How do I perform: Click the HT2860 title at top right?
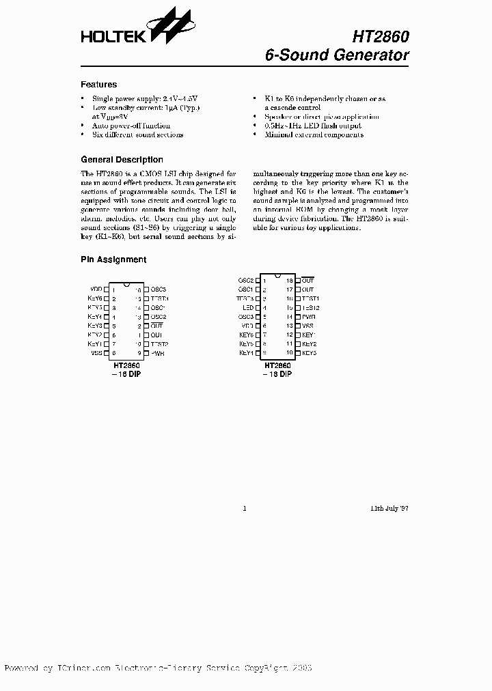pos(381,36)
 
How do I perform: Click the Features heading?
pos(98,85)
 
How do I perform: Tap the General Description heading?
pos(122,160)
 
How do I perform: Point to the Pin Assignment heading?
pos(113,259)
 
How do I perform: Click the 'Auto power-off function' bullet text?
pos(131,126)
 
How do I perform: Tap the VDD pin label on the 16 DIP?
pos(96,290)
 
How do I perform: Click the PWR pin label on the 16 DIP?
pos(157,353)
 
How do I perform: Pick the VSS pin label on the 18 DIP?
pos(308,326)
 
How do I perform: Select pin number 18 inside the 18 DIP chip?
pos(289,281)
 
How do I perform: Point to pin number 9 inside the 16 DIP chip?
pos(139,353)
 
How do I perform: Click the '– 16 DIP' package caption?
pos(126,374)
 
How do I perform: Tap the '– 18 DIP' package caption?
pos(277,374)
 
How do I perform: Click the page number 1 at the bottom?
pos(245,508)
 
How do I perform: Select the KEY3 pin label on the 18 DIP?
pos(309,353)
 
